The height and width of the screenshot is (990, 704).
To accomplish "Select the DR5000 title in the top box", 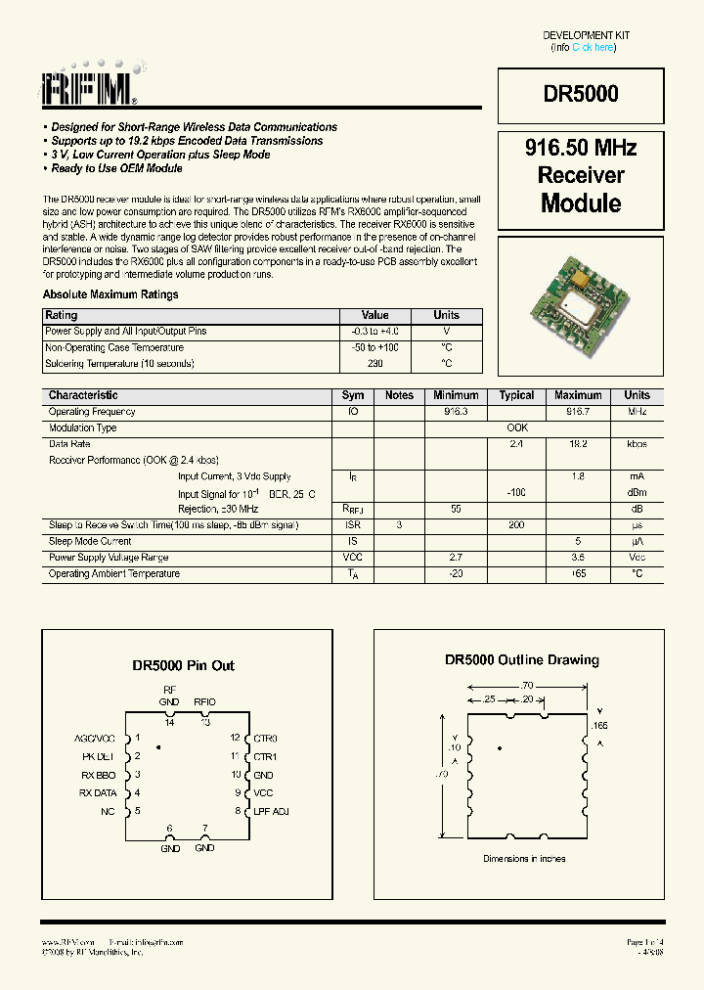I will click(581, 95).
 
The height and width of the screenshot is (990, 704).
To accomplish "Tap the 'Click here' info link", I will click(594, 47).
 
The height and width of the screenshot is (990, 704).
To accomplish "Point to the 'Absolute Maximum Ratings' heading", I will click(110, 294).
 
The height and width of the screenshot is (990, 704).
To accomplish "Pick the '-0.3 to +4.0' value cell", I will click(375, 332).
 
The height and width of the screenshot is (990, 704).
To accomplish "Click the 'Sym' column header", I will click(353, 395).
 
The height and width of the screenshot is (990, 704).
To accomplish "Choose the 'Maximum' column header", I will click(578, 395).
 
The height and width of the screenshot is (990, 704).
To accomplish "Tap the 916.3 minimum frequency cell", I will click(456, 412).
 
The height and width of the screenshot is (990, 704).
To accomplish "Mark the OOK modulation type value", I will click(516, 427).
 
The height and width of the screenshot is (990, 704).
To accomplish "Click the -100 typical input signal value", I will click(516, 492).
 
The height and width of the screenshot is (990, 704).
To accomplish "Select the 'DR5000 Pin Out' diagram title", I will click(184, 665).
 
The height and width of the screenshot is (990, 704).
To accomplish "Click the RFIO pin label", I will click(205, 701).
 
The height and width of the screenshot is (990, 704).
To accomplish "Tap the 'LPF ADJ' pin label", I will click(270, 811).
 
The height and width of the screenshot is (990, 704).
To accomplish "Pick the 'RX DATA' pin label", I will click(98, 792).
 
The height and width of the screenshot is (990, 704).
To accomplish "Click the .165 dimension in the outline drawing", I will click(600, 725).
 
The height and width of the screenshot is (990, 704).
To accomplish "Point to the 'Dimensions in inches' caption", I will click(524, 859).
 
